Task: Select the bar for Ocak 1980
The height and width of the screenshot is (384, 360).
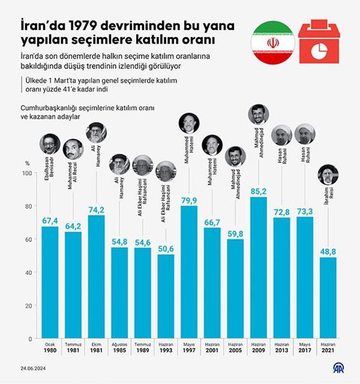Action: pyautogui.click(x=50, y=282)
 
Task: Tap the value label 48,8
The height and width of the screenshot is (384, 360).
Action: pyautogui.click(x=328, y=252)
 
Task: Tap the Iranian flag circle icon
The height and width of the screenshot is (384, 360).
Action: pyautogui.click(x=273, y=43)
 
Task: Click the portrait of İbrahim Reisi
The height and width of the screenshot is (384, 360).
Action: pyautogui.click(x=328, y=175)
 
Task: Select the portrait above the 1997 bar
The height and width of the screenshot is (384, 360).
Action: pyautogui.click(x=189, y=123)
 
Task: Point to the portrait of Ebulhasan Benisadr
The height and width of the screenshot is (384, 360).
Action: pyautogui.click(x=50, y=144)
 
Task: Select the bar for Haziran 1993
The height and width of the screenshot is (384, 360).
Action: pyautogui.click(x=166, y=296)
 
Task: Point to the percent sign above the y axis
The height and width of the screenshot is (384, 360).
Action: pyautogui.click(x=28, y=164)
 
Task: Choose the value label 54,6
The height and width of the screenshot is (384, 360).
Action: pyautogui.click(x=143, y=242)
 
